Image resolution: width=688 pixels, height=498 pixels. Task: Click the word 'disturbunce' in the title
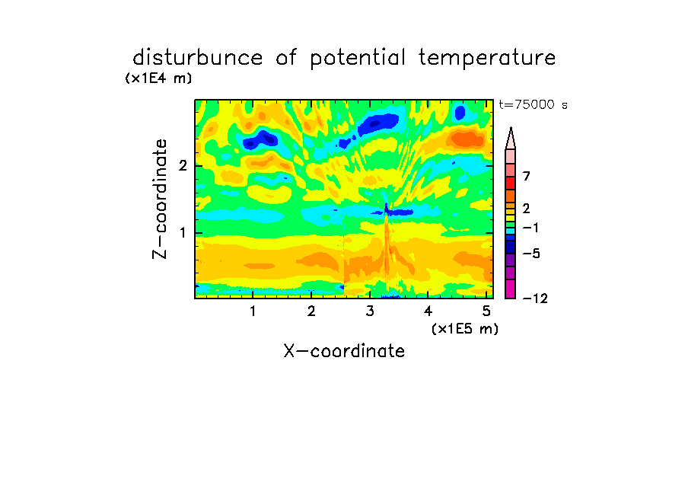tap(198, 58)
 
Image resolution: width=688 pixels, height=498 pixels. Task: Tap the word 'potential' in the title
tap(358, 59)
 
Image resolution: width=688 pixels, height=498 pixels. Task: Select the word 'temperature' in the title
tap(487, 59)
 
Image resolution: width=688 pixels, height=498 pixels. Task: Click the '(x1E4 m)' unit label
tap(158, 78)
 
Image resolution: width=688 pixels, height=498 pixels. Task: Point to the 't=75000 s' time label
tap(533, 104)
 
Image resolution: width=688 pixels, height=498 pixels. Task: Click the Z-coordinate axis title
tap(160, 199)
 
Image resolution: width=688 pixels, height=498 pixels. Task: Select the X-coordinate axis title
tap(344, 351)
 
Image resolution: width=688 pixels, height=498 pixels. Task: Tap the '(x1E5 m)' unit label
tap(465, 328)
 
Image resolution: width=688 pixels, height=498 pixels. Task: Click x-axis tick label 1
tap(253, 311)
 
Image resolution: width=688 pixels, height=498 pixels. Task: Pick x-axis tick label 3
tap(370, 311)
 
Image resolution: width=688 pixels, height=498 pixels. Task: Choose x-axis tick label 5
tap(486, 311)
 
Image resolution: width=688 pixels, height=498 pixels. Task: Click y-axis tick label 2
tap(183, 166)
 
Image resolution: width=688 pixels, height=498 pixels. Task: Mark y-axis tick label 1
tap(183, 233)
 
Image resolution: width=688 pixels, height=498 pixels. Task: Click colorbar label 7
tap(527, 176)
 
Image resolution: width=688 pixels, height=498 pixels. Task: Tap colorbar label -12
tap(535, 298)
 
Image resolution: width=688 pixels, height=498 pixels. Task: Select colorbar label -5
tap(531, 254)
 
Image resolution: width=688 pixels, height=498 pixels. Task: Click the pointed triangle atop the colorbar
tap(511, 139)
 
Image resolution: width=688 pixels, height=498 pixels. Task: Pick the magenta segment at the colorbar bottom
tap(511, 289)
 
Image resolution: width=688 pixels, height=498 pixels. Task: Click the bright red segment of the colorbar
tap(511, 183)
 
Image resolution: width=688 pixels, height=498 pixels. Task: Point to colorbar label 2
tap(527, 209)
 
